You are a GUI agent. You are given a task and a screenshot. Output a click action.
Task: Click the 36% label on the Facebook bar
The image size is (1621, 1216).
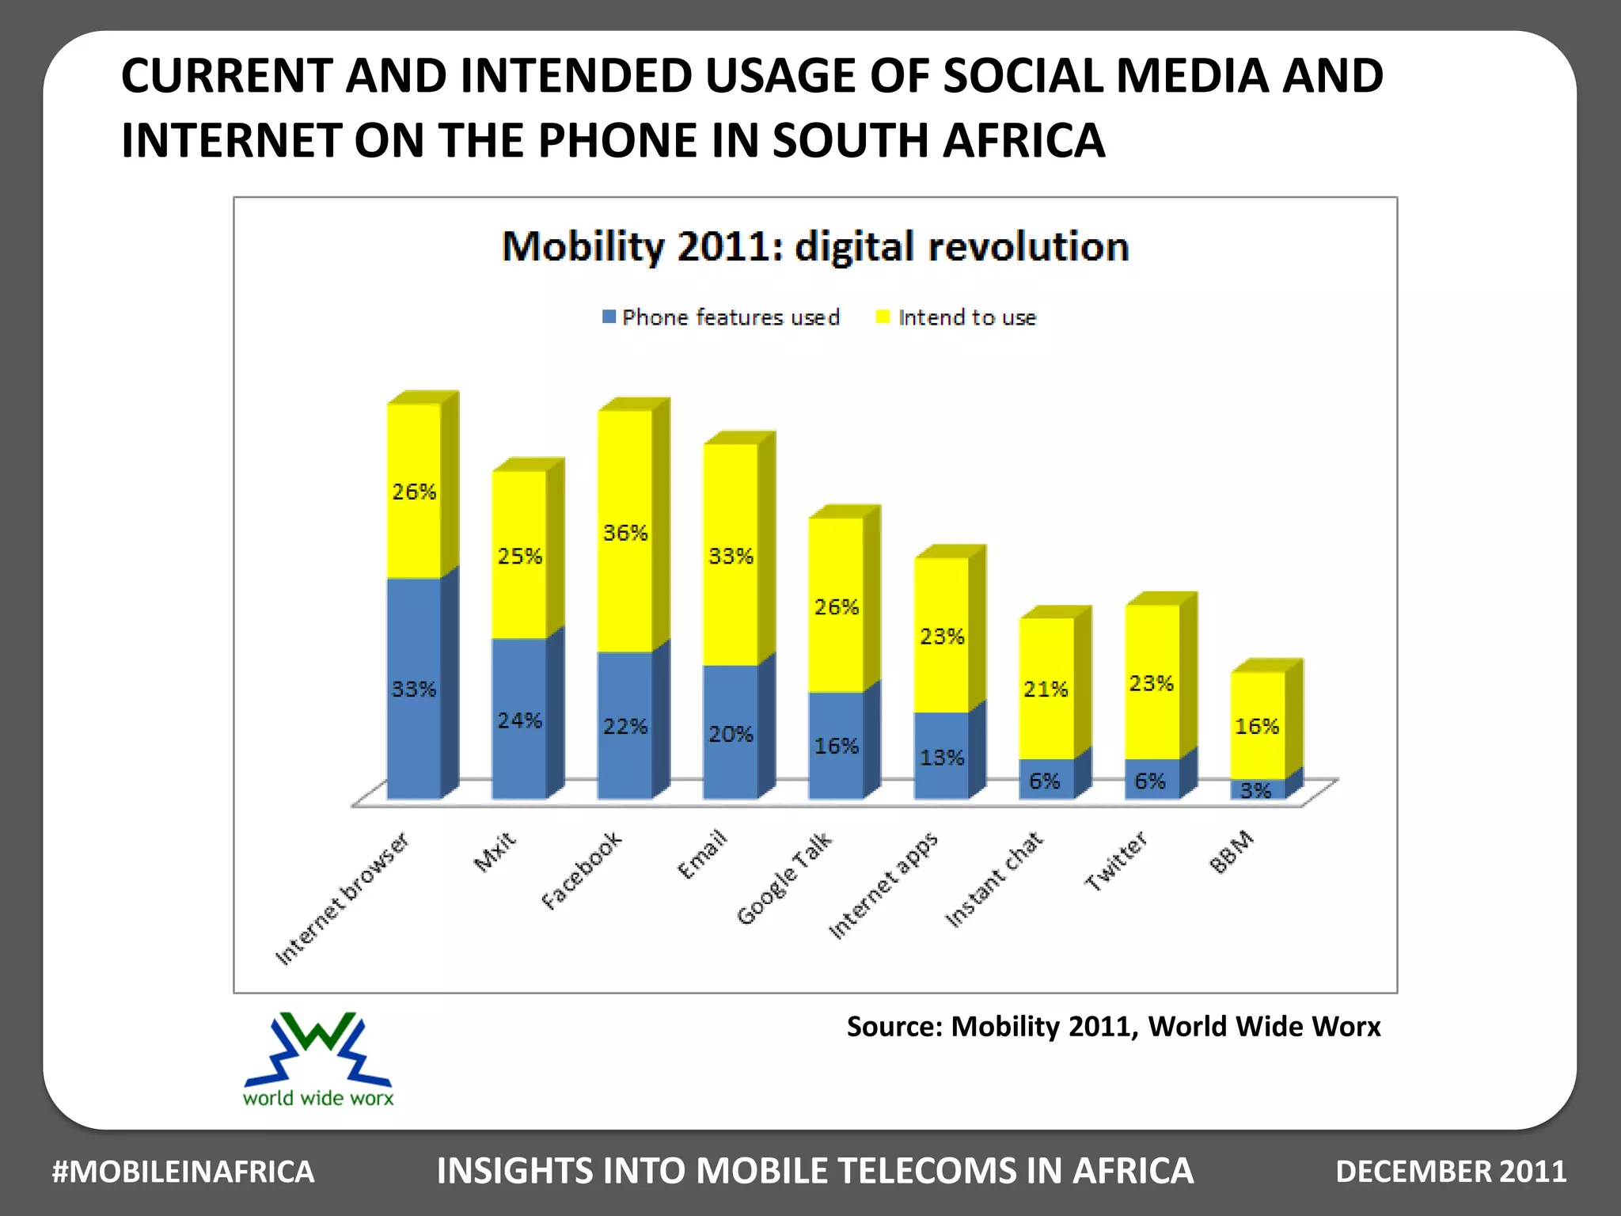tap(625, 533)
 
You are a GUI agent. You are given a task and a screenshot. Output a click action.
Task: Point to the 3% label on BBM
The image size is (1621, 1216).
tap(1255, 790)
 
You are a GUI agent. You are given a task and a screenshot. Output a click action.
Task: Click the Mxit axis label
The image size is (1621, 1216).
tap(495, 852)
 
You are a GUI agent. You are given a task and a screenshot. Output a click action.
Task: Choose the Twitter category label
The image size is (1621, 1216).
tap(1116, 861)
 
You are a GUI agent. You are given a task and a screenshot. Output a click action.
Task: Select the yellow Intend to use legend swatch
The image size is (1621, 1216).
tap(883, 317)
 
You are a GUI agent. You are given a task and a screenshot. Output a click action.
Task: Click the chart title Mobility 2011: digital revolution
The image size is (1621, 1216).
tap(815, 246)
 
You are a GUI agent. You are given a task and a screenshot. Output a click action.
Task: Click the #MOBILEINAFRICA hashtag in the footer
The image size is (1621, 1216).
tap(183, 1172)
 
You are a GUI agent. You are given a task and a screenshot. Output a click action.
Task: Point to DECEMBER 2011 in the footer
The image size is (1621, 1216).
tap(1451, 1172)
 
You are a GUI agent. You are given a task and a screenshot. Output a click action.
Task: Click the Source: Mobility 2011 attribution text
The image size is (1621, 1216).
tap(1113, 1027)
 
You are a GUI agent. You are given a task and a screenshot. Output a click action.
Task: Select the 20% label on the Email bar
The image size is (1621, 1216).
tap(730, 735)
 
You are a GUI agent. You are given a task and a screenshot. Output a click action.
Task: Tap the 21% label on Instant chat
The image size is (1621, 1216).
tap(1046, 690)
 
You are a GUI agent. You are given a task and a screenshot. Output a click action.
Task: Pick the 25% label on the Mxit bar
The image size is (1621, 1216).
tap(520, 557)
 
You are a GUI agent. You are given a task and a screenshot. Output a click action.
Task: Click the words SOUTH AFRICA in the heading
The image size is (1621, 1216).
tap(938, 141)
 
